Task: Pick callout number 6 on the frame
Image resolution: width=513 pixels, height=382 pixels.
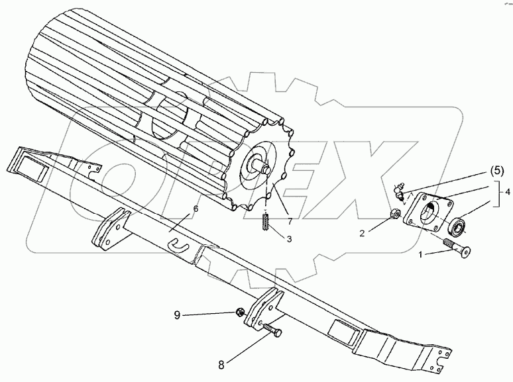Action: click(x=195, y=209)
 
